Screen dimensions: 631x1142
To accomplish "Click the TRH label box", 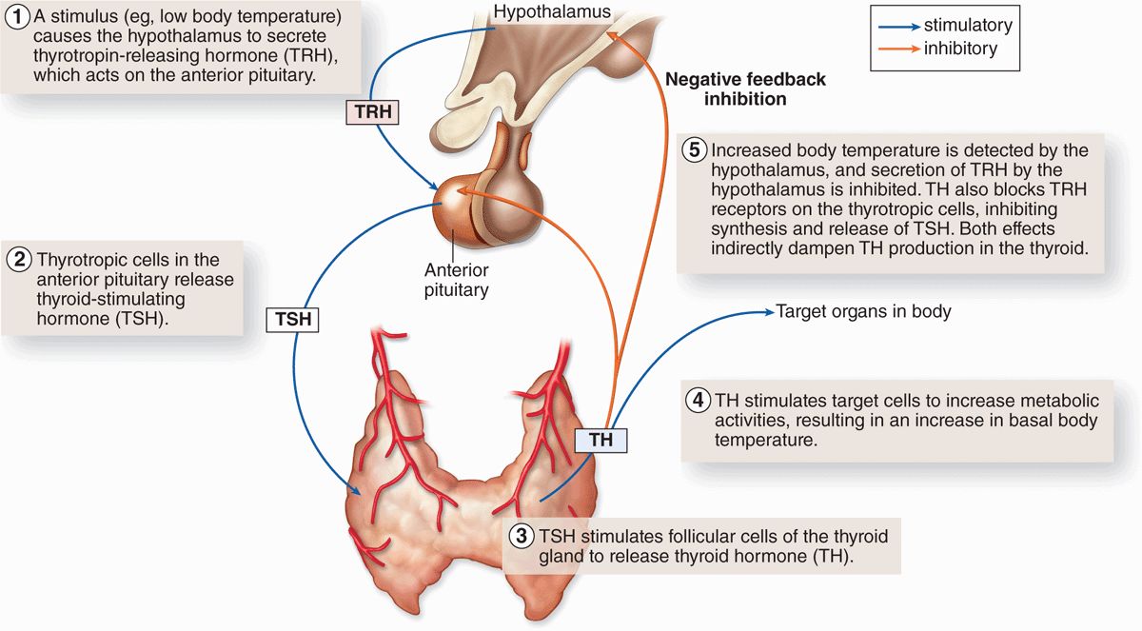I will coord(372,112).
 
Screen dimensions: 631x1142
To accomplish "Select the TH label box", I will coord(601,440).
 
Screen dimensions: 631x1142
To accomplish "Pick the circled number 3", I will coord(520,536).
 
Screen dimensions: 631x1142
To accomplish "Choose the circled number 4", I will coord(698,400).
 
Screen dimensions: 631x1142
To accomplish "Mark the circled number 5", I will coord(696,150).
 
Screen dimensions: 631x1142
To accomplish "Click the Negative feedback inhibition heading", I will coord(745,89).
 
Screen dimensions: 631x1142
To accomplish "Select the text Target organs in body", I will coord(863,311).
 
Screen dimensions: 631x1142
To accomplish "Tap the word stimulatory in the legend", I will coord(968,26).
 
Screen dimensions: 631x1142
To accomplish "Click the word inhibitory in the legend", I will coord(960,49).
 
